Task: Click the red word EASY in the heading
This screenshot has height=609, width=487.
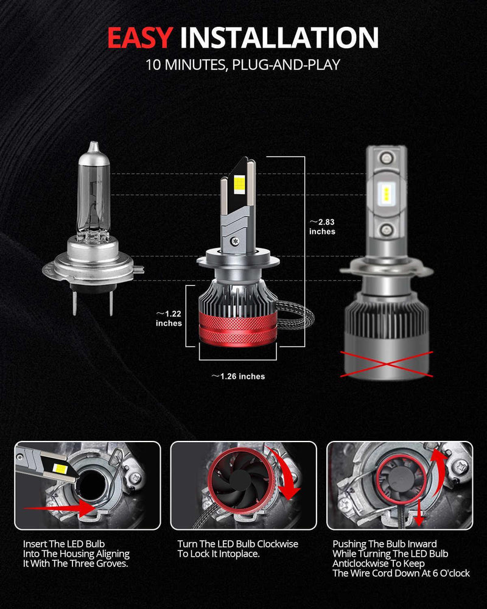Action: tap(139, 37)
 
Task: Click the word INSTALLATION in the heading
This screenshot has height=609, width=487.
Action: tap(279, 37)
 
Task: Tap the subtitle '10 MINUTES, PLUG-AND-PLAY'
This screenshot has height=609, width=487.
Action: tap(243, 65)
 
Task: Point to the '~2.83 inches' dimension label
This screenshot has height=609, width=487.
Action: tap(322, 227)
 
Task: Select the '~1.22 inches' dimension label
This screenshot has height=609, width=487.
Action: tap(169, 318)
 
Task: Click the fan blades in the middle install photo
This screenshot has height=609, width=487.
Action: tap(231, 487)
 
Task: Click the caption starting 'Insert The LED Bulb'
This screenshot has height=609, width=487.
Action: tap(76, 554)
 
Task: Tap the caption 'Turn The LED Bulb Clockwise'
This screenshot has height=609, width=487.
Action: tap(237, 544)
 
